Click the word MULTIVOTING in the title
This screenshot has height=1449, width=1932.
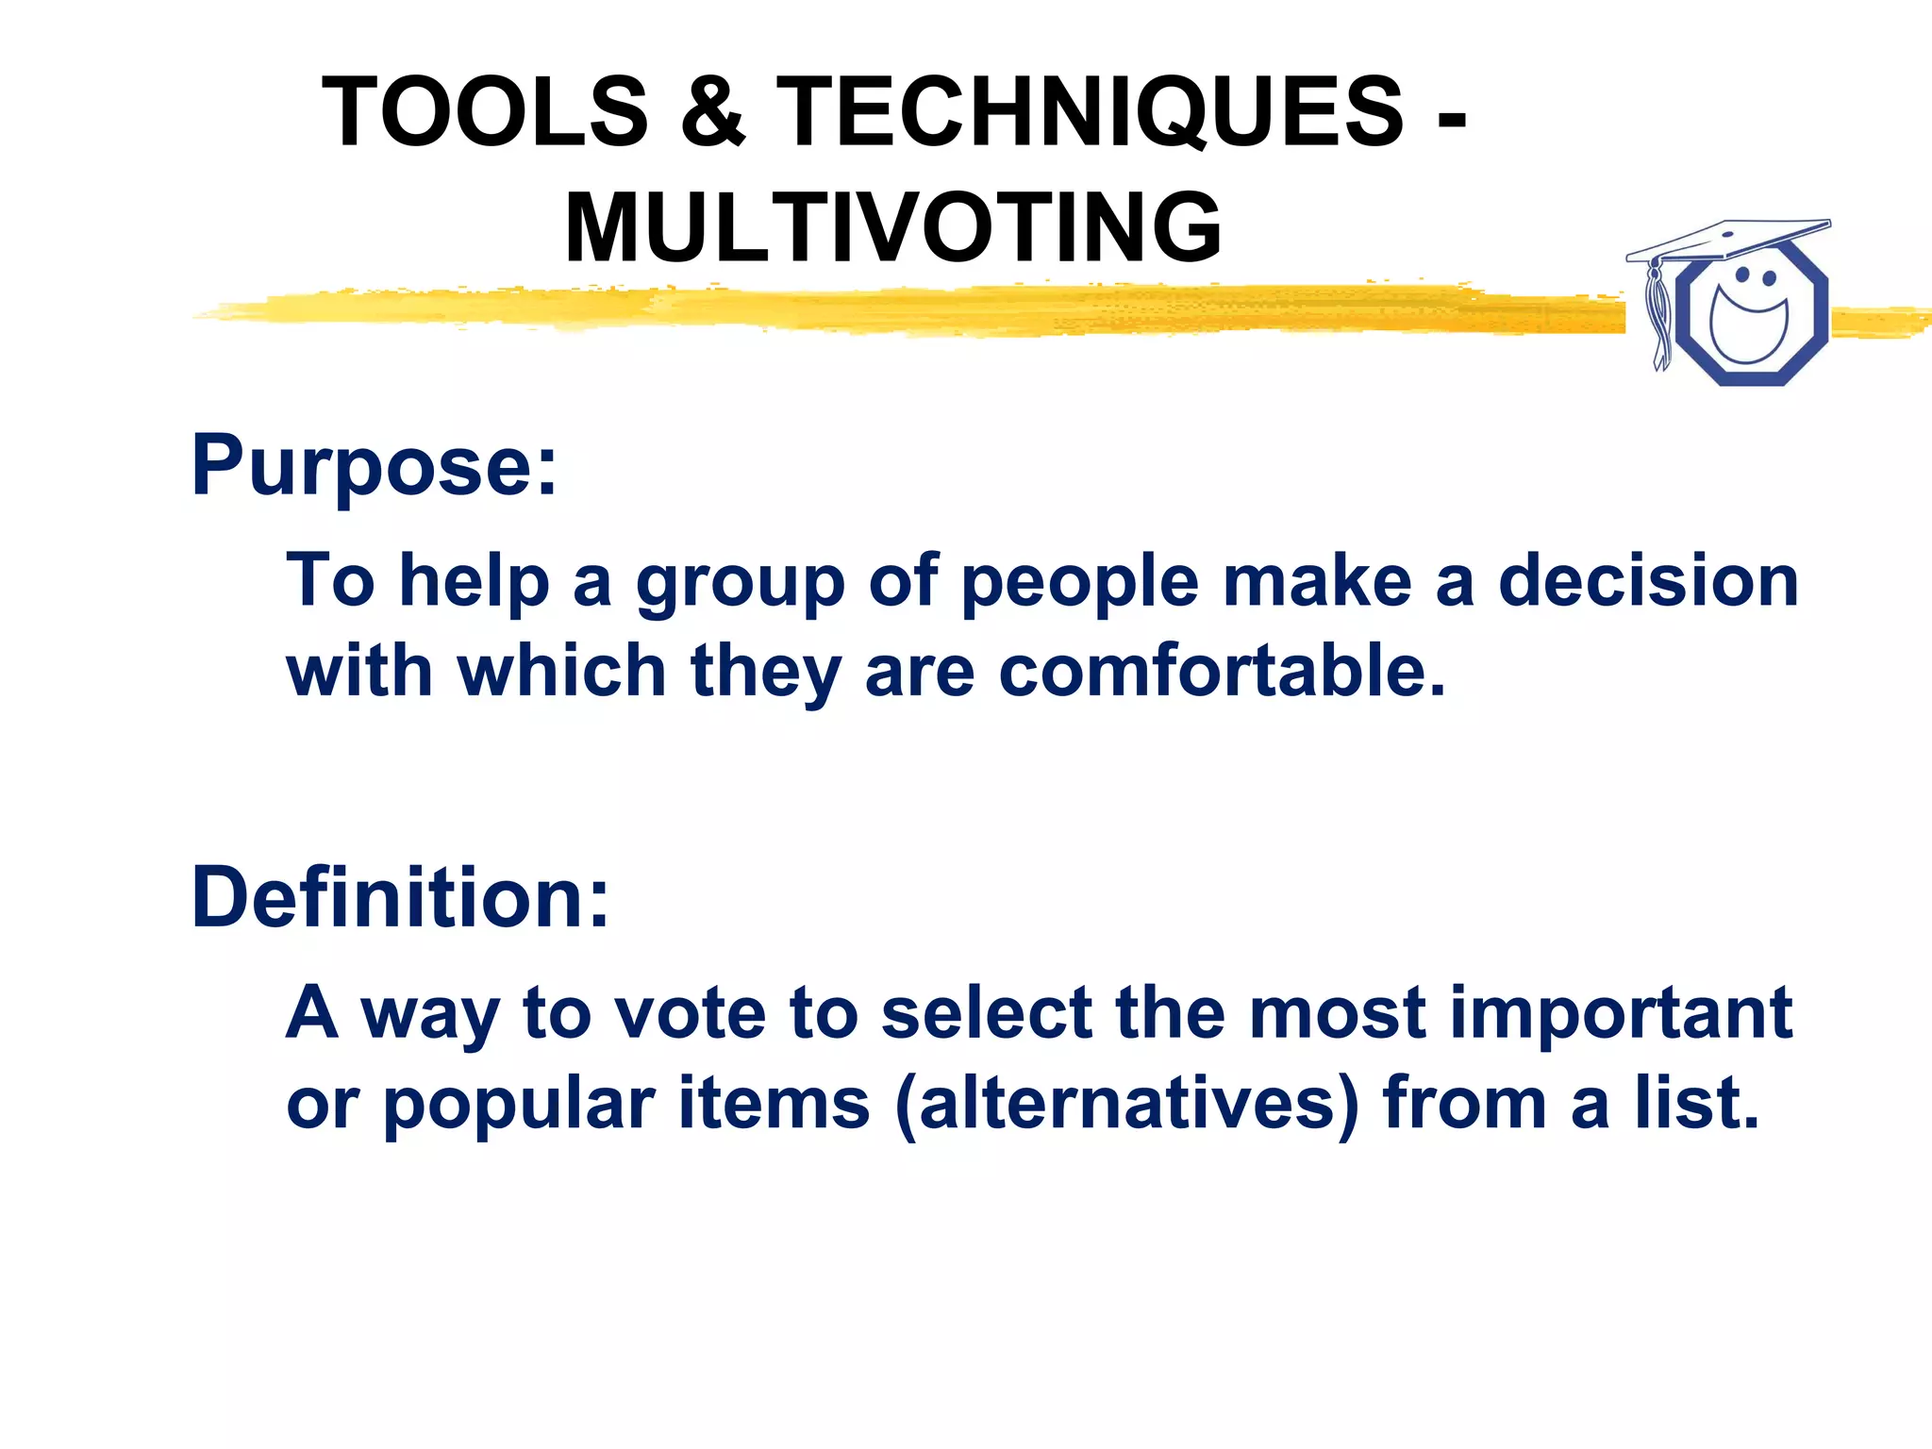(x=892, y=228)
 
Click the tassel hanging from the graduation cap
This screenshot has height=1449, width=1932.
(x=1657, y=316)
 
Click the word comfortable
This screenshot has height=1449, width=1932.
(x=1222, y=671)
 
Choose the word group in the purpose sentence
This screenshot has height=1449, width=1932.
(x=740, y=582)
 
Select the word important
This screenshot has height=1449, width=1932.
(x=1620, y=1014)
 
